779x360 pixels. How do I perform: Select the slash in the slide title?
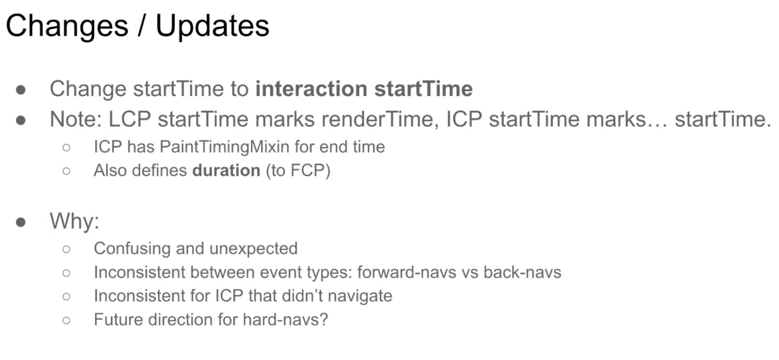click(142, 26)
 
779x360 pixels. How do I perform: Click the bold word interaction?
click(311, 89)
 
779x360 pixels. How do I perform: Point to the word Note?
click(76, 119)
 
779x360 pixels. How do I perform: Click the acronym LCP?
click(130, 119)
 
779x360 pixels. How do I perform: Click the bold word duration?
click(226, 171)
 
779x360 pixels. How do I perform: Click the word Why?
click(74, 221)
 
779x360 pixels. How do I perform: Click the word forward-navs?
click(406, 272)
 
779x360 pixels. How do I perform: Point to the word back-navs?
click(522, 272)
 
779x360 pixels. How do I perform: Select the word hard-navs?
click(285, 320)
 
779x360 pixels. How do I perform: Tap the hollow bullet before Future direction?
click(66, 321)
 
